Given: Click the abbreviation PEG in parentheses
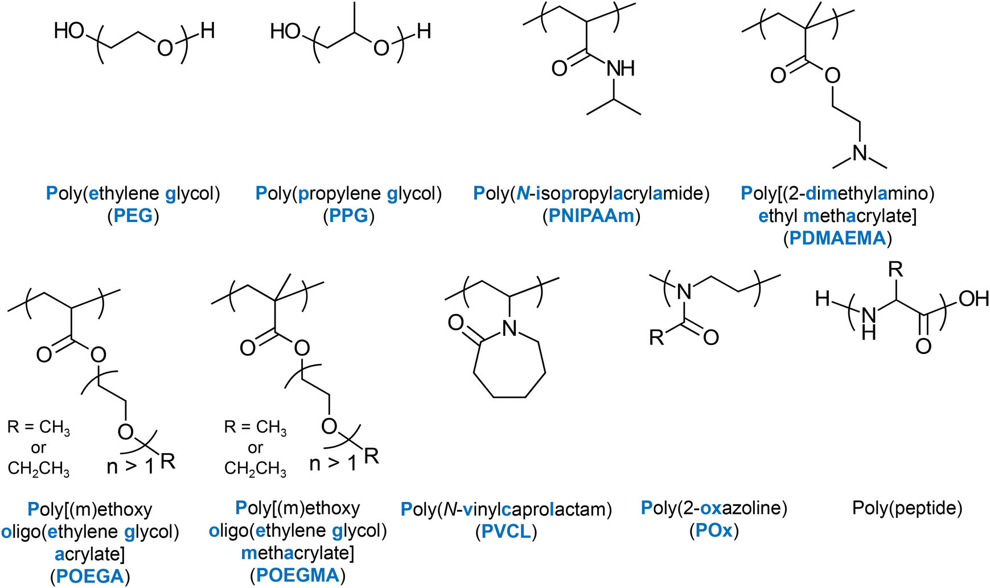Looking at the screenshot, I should pos(133,216).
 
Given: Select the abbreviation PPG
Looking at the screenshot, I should pos(348,216).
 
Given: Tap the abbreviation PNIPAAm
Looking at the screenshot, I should pos(591,216).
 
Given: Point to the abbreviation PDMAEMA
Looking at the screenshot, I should pos(837,238).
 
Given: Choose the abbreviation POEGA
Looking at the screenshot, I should pos(90,576).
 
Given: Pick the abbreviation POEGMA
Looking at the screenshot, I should pos(297,575).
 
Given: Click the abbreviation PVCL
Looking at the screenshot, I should pos(506,531).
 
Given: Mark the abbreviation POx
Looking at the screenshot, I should pos(714,531).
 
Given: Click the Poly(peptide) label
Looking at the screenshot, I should pos(907,508).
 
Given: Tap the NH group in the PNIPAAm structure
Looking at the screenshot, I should pos(621,69).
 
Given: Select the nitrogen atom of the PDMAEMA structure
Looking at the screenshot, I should pos(860,153).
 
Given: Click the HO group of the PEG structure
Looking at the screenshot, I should pos(69,31).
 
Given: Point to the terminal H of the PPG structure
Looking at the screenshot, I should pos(424,31).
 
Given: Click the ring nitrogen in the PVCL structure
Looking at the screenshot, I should pos(510,328).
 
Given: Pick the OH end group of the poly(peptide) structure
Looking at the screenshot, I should pos(973,298).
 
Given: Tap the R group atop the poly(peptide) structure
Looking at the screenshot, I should pos(895,270).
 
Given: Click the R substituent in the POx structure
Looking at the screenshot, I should pos(656,338).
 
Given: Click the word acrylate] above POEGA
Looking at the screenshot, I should pos(90,553).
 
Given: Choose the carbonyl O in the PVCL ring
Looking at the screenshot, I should pos(455,323).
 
